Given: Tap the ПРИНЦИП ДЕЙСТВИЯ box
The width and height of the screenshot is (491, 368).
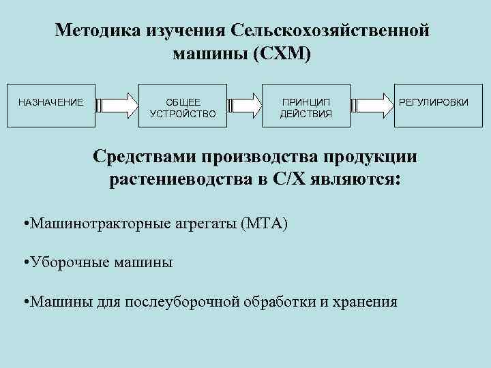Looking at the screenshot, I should (306, 106).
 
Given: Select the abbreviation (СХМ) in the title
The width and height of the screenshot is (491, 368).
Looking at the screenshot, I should (281, 54).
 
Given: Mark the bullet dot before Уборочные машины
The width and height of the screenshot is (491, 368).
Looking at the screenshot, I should (25, 262).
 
